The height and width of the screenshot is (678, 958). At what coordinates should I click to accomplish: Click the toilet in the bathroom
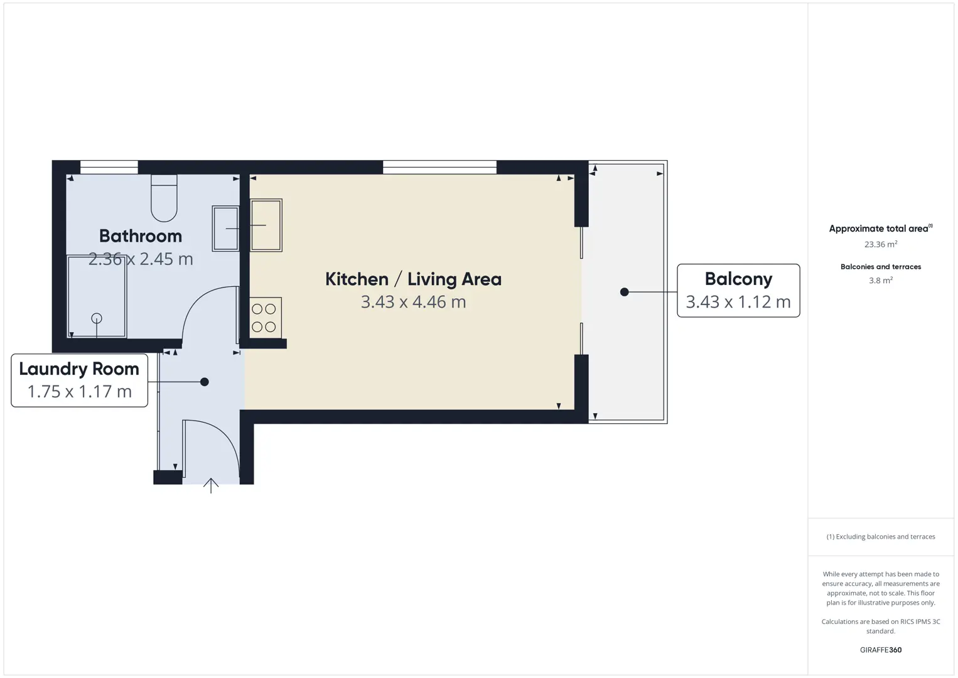[164, 198]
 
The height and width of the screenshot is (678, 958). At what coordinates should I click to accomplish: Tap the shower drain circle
[97, 318]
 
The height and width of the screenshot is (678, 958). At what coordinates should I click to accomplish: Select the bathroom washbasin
[225, 229]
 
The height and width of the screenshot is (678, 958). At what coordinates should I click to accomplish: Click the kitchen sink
[266, 225]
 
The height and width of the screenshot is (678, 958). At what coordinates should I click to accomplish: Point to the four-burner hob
[266, 318]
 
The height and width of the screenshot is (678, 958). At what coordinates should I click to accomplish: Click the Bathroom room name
[140, 236]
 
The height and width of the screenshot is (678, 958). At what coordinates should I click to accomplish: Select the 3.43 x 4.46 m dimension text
[413, 302]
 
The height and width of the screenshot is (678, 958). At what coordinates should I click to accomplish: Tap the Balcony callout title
[739, 279]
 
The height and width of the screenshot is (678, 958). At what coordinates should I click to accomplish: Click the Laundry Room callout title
[79, 369]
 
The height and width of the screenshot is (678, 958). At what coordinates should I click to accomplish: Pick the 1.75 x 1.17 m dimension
[80, 391]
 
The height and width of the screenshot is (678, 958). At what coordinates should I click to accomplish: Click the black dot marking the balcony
[625, 292]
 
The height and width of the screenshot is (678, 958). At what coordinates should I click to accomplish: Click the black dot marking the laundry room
[205, 382]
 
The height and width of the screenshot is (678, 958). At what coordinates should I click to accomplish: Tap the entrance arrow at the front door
[211, 485]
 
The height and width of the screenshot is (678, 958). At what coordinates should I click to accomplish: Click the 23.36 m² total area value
[881, 244]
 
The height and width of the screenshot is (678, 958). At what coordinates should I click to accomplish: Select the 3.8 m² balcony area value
[881, 280]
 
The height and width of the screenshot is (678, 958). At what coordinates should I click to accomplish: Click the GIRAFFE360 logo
[881, 650]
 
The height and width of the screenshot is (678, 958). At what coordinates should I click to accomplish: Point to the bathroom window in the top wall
[109, 167]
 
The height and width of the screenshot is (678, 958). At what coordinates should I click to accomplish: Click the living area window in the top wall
[439, 167]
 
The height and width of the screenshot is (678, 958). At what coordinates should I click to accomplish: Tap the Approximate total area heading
[881, 229]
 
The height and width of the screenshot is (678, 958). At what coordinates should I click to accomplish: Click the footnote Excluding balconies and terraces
[881, 536]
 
